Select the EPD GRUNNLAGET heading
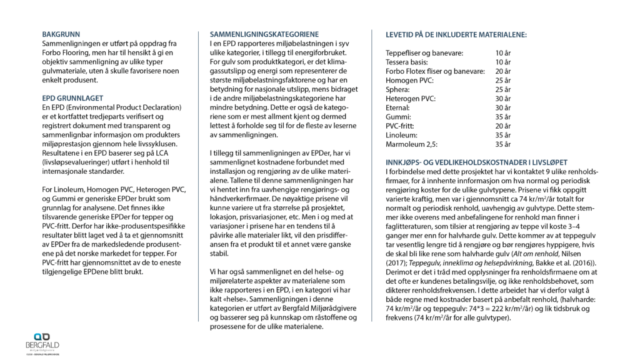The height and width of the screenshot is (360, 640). coord(72,99)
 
